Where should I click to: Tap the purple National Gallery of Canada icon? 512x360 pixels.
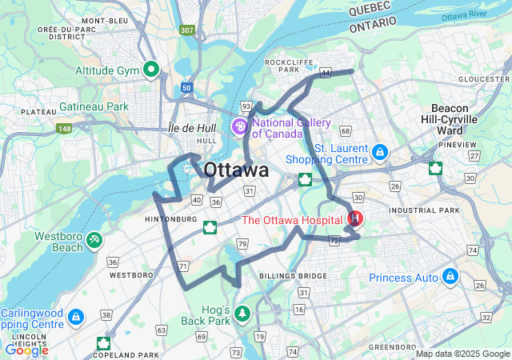(240, 126)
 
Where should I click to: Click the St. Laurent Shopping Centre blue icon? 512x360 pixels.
(381, 151)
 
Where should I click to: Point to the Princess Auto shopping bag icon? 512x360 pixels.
(450, 277)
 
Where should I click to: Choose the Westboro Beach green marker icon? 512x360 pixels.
(94, 238)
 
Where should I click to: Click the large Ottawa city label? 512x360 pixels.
(236, 170)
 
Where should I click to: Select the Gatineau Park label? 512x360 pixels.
(94, 106)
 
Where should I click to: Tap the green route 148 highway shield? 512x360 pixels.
(64, 127)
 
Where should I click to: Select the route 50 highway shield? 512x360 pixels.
(186, 87)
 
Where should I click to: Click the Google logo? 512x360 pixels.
(26, 350)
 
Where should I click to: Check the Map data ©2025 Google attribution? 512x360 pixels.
(462, 354)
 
